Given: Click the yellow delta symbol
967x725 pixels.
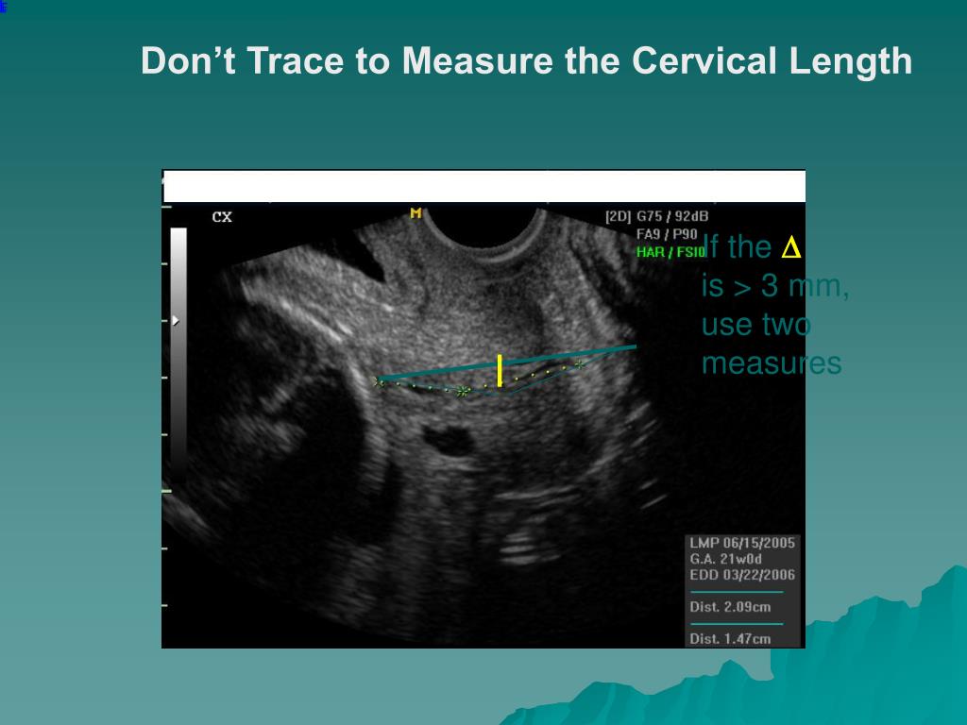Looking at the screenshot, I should click(790, 248).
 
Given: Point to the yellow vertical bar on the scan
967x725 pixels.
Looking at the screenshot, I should click(500, 370).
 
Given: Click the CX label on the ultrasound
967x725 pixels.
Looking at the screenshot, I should click(222, 216).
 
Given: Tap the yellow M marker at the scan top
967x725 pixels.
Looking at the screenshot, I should click(416, 213).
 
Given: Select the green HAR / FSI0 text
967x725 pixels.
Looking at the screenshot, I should click(670, 252).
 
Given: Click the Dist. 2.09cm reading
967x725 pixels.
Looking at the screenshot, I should click(730, 607).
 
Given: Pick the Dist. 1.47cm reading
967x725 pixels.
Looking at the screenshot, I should click(730, 639).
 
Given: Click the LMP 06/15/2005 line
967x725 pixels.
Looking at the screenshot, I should click(742, 543).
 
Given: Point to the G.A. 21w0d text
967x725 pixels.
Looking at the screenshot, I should click(725, 559).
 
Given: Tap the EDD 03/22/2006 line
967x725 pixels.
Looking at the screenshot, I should click(742, 575).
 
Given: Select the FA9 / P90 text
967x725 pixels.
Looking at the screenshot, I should click(667, 234).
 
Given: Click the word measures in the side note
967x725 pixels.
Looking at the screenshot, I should click(771, 363).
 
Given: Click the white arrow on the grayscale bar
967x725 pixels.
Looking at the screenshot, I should click(176, 321).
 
